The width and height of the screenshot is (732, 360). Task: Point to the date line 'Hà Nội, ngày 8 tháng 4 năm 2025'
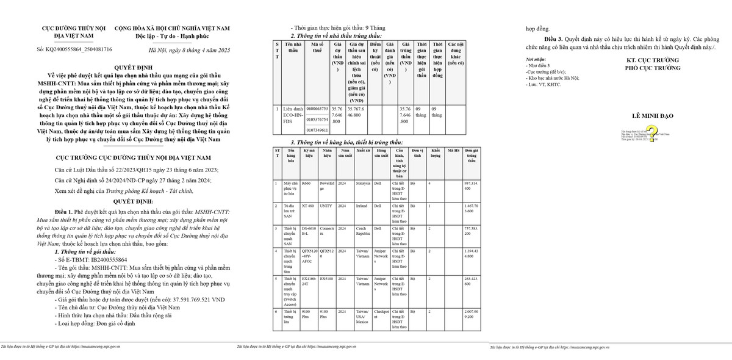coord(190,49)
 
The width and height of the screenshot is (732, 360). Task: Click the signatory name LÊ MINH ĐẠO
coord(653,115)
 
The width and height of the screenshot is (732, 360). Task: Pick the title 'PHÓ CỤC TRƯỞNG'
coord(653,69)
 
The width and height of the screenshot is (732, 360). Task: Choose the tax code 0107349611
coord(317,129)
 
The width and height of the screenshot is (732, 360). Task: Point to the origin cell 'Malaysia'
coord(364,183)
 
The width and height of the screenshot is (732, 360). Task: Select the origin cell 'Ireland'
coord(362,206)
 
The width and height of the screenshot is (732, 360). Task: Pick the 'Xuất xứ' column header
coord(364,149)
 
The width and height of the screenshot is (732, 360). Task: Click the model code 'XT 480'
coord(307,206)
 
